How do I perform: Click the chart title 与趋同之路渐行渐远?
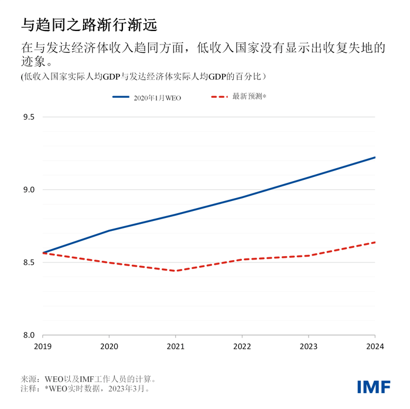pyautogui.click(x=88, y=25)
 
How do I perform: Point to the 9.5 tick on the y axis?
pyautogui.click(x=29, y=117)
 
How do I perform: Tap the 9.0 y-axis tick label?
pyautogui.click(x=29, y=190)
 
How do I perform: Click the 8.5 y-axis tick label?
pyautogui.click(x=29, y=263)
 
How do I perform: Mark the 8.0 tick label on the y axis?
pyautogui.click(x=29, y=335)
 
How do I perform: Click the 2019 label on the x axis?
pyautogui.click(x=43, y=346)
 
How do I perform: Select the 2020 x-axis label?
pyautogui.click(x=109, y=346)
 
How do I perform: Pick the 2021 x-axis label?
pyautogui.click(x=176, y=346)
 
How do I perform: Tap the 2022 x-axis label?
pyautogui.click(x=242, y=346)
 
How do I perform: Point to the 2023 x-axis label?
pyautogui.click(x=309, y=346)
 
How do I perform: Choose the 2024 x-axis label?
pyautogui.click(x=375, y=346)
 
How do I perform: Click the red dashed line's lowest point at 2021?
pyautogui.click(x=176, y=271)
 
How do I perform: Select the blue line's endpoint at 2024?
pyautogui.click(x=375, y=157)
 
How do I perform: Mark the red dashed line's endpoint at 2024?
pyautogui.click(x=375, y=242)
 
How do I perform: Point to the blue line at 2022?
pyautogui.click(x=242, y=197)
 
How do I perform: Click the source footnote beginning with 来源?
pyautogui.click(x=88, y=379)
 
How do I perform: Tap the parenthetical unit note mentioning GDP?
pyautogui.click(x=144, y=76)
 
